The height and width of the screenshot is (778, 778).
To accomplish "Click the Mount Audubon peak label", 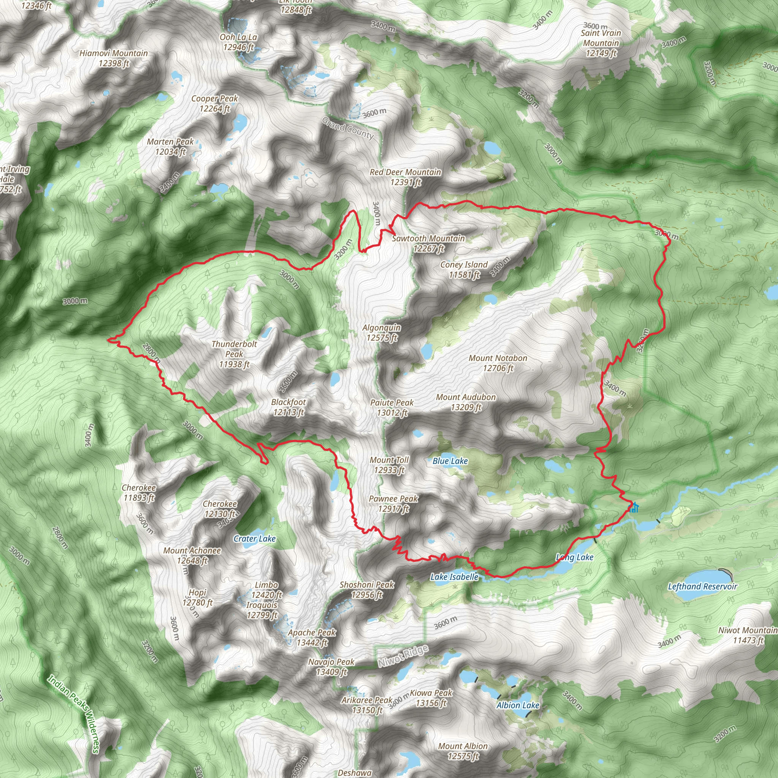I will point(466,402).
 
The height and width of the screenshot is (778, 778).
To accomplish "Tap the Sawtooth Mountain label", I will point(429,243).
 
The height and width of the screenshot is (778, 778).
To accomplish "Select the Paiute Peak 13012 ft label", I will point(392,407).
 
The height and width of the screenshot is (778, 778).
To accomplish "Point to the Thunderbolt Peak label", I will point(234,354).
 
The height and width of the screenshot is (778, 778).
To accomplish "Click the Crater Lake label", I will point(255,538).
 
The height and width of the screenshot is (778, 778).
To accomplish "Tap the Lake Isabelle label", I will point(454,577).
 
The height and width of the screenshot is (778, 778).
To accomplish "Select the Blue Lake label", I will point(450,461).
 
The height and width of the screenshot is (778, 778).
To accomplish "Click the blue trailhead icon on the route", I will point(634,508).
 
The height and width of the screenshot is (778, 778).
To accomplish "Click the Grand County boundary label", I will point(348,128).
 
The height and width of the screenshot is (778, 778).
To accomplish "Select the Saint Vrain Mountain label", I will point(601,43).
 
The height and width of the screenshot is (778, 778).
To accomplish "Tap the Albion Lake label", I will point(517,705).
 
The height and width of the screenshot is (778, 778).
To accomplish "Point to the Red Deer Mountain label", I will point(405,177).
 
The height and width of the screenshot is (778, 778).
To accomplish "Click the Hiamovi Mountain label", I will point(114,58).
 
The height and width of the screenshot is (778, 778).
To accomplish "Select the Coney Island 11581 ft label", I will point(464,269).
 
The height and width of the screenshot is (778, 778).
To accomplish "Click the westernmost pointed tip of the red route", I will point(108,340).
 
